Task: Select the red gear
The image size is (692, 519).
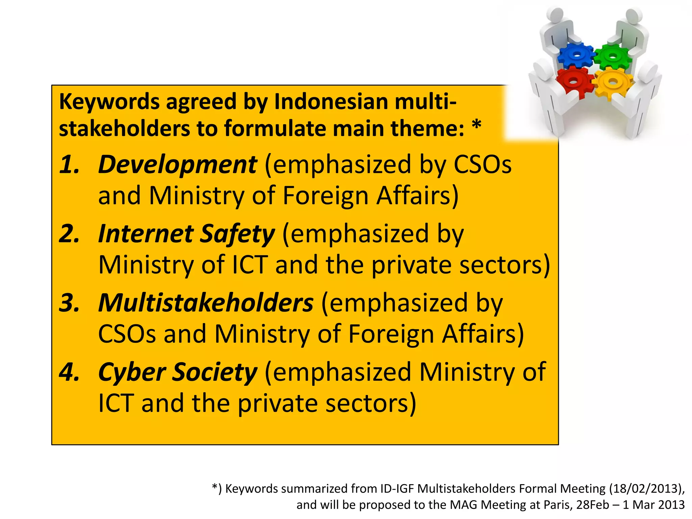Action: [x=573, y=81]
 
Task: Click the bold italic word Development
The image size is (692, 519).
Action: [x=177, y=165]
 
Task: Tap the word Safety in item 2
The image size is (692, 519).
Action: [x=237, y=234]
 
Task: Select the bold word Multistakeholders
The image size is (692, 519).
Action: [x=206, y=303]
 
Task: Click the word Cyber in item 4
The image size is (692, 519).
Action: [x=132, y=372]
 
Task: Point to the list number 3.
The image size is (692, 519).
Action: [x=69, y=303]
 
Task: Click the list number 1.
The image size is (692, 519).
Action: [x=69, y=165]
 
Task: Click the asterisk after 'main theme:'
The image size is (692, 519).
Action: [x=476, y=126]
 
